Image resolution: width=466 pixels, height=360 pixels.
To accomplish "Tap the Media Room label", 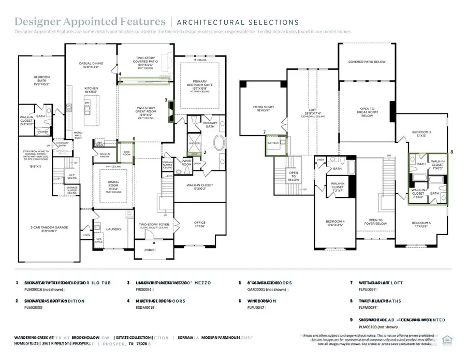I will [264, 108].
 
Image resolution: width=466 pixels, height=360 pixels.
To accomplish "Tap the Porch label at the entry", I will [150, 250].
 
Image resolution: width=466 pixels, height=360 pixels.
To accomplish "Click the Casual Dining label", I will [91, 65].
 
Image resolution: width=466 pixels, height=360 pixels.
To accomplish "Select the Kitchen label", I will [91, 89].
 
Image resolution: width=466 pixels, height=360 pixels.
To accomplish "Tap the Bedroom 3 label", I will [419, 133].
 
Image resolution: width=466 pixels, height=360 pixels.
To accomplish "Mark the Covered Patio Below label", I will [367, 62].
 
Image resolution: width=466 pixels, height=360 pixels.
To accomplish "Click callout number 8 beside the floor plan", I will [452, 152].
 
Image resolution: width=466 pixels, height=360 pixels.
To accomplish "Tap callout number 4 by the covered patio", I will [120, 74].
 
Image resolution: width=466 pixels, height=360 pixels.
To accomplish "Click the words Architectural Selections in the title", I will [238, 22].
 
